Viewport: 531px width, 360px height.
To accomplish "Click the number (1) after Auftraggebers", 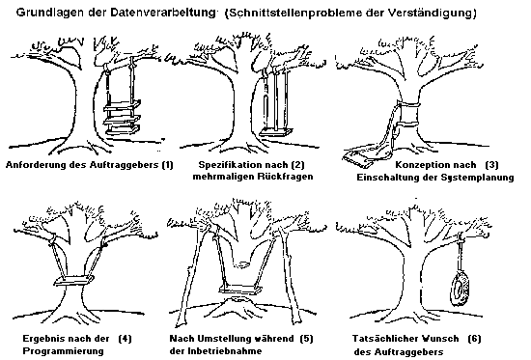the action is tap(167, 165).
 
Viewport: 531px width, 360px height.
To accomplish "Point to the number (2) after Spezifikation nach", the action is tap(298, 165).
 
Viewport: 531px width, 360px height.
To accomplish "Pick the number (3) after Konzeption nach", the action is tap(491, 165).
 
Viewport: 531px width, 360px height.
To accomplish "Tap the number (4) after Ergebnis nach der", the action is tap(125, 339).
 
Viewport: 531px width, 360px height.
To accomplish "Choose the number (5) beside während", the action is tap(306, 339).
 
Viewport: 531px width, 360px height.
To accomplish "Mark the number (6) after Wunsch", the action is tap(474, 339).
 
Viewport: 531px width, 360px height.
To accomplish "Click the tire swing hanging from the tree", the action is tap(461, 289).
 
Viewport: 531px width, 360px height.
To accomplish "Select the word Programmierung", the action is tap(63, 351).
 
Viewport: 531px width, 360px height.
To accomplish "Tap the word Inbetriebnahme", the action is tap(225, 351).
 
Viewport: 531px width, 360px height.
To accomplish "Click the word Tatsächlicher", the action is tap(384, 339).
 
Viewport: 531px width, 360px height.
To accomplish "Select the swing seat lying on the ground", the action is tap(357, 160).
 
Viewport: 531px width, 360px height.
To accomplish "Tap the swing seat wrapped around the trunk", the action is tap(73, 281).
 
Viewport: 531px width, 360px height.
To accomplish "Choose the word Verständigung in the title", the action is tap(432, 14).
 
